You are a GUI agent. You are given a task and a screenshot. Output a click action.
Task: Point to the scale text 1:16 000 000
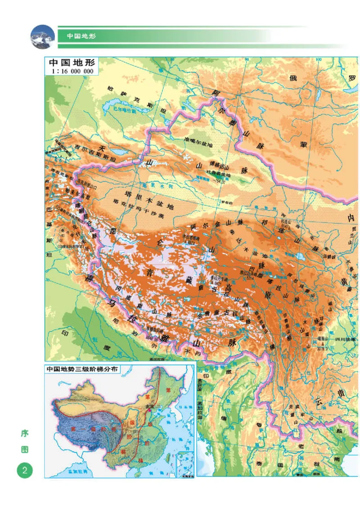tap(72, 71)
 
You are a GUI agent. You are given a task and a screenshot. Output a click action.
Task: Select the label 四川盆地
tap(346, 339)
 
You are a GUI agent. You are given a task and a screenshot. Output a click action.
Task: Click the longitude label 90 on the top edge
tap(246, 59)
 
